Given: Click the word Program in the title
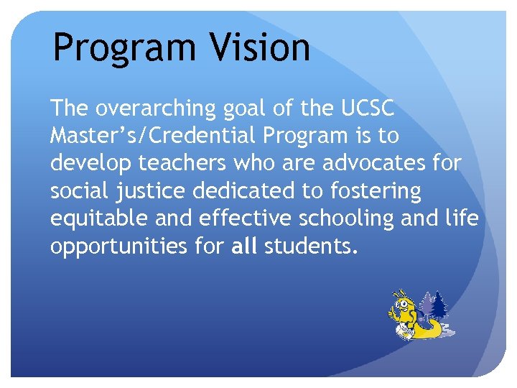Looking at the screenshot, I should (123, 48).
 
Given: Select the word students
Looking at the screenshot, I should (310, 246).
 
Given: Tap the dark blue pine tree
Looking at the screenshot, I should (439, 305).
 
